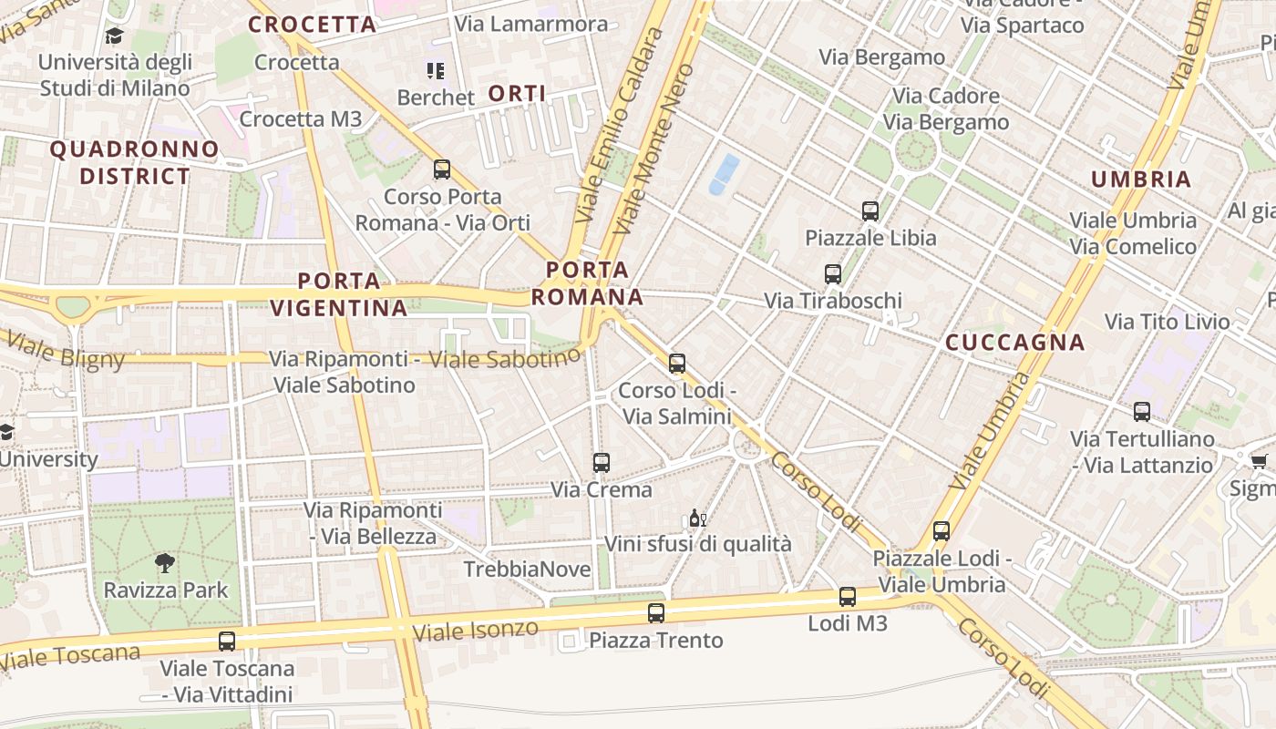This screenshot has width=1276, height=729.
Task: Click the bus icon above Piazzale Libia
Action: tap(870, 211)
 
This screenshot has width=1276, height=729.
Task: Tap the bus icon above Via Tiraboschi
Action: tap(832, 273)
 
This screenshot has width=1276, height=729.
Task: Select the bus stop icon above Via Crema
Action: tap(601, 463)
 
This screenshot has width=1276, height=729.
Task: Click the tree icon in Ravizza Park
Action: tap(165, 563)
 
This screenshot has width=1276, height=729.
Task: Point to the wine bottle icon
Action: tap(696, 519)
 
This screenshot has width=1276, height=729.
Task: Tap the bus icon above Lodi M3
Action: tap(848, 597)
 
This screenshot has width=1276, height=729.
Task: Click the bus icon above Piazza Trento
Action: tap(656, 613)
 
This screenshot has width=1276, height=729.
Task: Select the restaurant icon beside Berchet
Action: tap(436, 71)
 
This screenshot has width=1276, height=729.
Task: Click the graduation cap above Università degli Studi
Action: tap(114, 36)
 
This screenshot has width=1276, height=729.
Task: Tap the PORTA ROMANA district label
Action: tap(588, 283)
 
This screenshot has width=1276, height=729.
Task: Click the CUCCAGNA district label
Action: tap(1015, 343)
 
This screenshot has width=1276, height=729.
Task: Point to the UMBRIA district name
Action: tap(1141, 180)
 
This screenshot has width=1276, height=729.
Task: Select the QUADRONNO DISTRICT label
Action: tap(135, 162)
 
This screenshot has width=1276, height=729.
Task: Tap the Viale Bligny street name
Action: tap(66, 351)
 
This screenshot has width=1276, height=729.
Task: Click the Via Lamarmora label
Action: tap(530, 24)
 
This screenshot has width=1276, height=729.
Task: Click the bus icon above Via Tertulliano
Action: tap(1142, 412)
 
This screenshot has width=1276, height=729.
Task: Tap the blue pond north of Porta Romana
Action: tap(725, 173)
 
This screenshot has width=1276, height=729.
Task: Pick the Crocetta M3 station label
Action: tap(301, 119)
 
